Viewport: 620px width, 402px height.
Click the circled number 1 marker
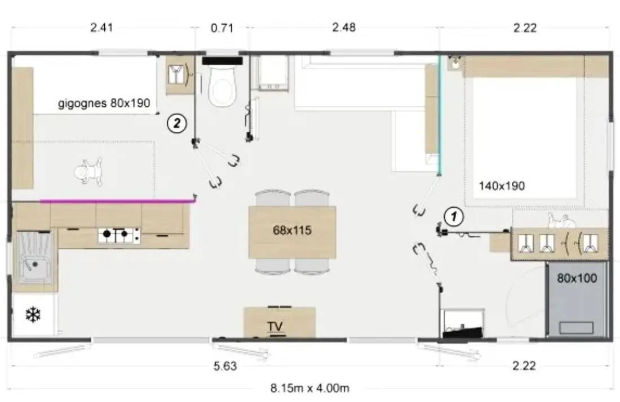[x=454, y=216]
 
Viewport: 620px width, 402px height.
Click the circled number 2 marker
[x=176, y=124]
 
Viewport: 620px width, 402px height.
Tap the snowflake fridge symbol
[x=33, y=315]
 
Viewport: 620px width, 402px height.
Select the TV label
[x=275, y=326]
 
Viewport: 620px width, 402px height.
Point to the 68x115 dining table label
[x=292, y=230]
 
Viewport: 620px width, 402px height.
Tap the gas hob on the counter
[x=119, y=235]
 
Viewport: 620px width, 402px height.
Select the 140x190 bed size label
[x=502, y=186]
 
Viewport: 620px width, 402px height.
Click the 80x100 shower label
[x=577, y=278]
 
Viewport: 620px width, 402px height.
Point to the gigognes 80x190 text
[x=104, y=103]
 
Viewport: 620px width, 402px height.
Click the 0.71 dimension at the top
[x=222, y=28]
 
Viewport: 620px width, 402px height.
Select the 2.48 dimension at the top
[x=344, y=28]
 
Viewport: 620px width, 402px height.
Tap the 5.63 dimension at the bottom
[x=225, y=366]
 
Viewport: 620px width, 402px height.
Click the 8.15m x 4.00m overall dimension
[x=309, y=388]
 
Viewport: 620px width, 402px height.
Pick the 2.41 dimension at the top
[x=101, y=28]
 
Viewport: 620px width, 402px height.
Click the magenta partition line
[x=118, y=201]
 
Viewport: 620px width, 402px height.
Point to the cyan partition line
[x=439, y=114]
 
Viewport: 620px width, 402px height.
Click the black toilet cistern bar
[x=222, y=60]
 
